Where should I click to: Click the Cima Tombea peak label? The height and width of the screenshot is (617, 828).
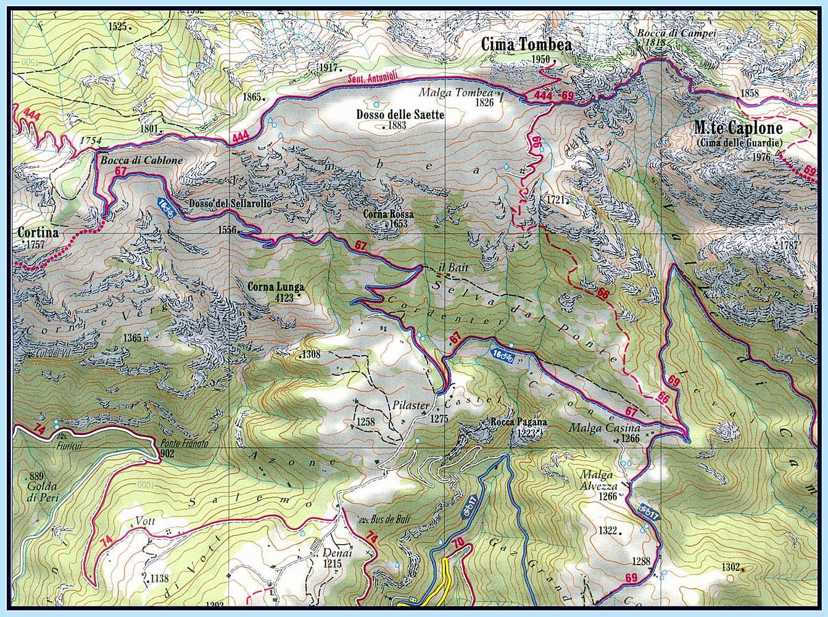pyautogui.click(x=526, y=45)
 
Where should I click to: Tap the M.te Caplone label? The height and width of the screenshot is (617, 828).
pyautogui.click(x=737, y=128)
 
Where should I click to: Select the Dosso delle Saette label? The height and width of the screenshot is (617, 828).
pyautogui.click(x=400, y=115)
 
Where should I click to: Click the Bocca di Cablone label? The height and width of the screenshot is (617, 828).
pyautogui.click(x=139, y=160)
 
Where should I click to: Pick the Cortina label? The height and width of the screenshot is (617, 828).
pyautogui.click(x=38, y=233)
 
